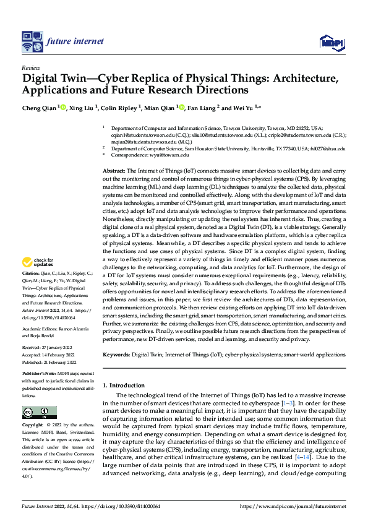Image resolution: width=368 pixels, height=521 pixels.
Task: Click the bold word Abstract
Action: coord(114,170)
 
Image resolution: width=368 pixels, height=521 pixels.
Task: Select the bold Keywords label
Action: coord(116,355)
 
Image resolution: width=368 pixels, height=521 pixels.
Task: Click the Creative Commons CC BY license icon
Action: coord(39,413)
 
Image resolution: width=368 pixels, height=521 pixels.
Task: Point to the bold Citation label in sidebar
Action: coord(32,290)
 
